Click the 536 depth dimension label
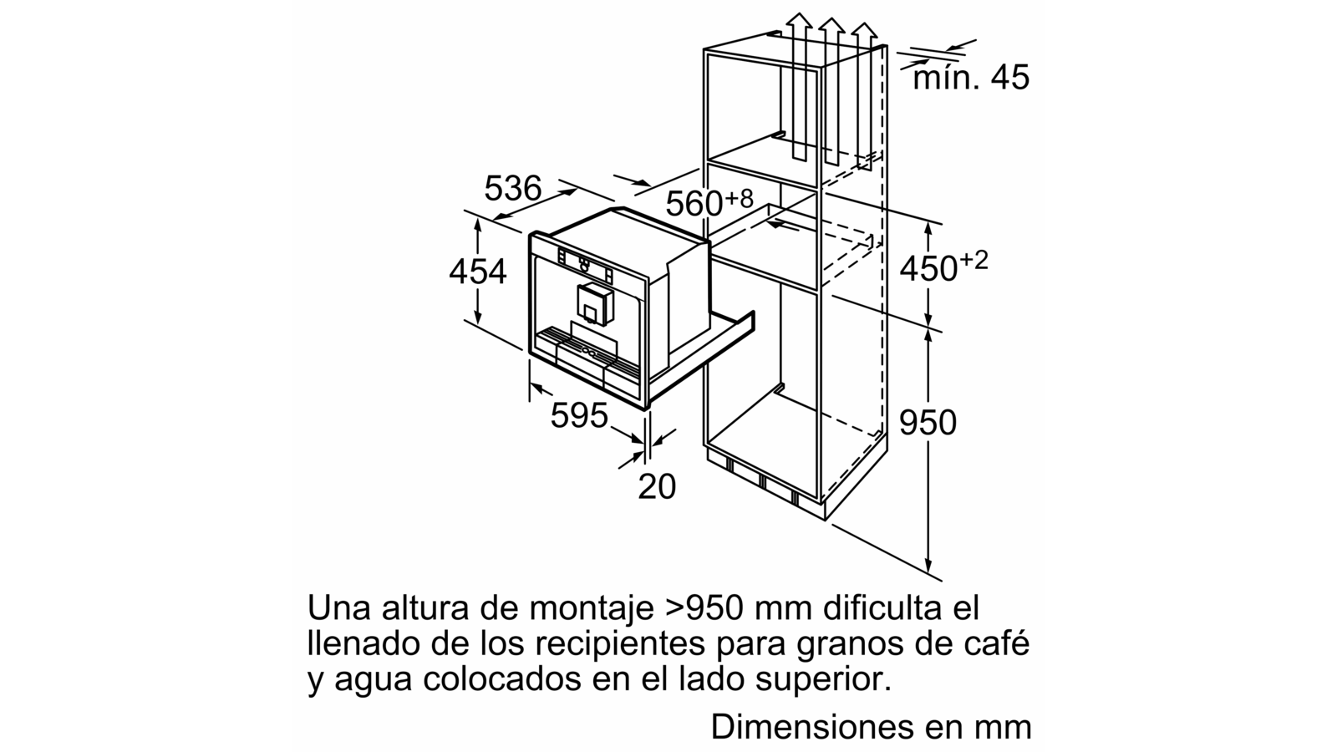click(x=513, y=188)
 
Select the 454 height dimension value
click(x=477, y=271)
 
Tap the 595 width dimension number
click(x=579, y=415)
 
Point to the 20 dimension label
click(x=657, y=486)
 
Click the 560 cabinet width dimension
click(x=709, y=203)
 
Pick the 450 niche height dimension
click(x=943, y=267)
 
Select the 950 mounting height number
click(x=928, y=423)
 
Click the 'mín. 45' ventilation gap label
click(x=971, y=78)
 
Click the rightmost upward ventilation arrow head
click(x=864, y=31)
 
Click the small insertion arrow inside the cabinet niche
click(x=782, y=225)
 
